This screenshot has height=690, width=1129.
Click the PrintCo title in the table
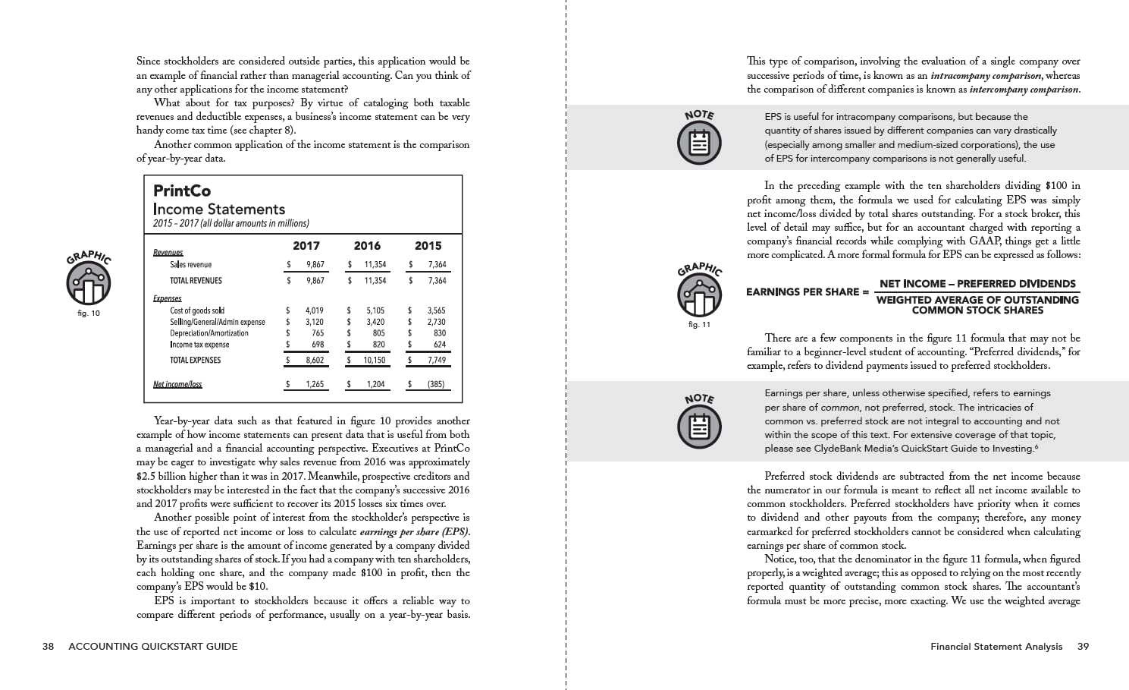(182, 191)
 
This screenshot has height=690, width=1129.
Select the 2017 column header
(306, 246)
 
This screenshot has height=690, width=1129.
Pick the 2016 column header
(367, 246)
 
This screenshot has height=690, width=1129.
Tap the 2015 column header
(428, 246)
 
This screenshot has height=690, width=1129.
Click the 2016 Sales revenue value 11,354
(375, 265)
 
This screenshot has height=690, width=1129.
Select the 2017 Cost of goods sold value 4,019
(315, 310)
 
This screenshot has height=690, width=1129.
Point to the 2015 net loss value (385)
(436, 385)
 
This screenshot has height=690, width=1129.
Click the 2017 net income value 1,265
(315, 385)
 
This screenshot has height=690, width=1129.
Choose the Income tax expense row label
(199, 345)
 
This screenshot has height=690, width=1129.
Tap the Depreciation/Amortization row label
(209, 333)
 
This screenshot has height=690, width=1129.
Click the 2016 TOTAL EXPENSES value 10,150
(374, 361)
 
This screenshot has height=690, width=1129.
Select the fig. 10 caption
(89, 313)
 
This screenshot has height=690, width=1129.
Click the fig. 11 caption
(699, 325)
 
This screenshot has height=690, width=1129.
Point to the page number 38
(48, 647)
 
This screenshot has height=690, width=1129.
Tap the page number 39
(1083, 647)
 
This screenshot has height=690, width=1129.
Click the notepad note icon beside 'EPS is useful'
(699, 143)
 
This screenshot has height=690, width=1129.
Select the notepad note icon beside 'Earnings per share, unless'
(699, 427)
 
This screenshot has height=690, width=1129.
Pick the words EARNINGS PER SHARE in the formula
(802, 292)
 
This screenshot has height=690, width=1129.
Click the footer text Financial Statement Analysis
(996, 647)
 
